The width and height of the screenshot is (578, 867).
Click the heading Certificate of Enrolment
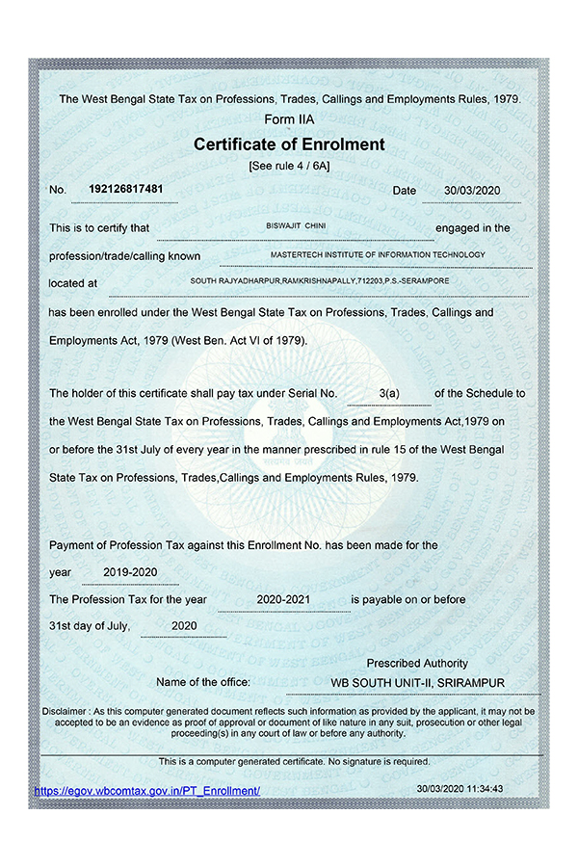pos(289,145)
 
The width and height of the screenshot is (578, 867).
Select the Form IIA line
pos(289,119)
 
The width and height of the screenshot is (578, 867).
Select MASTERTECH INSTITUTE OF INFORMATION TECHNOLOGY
pos(379,254)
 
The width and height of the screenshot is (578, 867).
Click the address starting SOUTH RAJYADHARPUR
pos(320,280)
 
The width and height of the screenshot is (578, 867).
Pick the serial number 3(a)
pos(389,394)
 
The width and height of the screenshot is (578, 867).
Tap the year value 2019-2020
pos(130,572)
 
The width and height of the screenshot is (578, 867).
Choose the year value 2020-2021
pos(283,599)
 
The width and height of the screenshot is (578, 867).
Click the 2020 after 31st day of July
pos(183,626)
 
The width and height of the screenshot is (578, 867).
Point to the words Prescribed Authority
pos(417,663)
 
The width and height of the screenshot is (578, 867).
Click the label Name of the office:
pos(203,683)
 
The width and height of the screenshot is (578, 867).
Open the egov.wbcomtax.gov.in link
pos(147,790)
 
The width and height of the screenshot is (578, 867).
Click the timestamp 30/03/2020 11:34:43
pos(460,788)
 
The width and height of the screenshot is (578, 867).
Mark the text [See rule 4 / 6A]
pos(289,166)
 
